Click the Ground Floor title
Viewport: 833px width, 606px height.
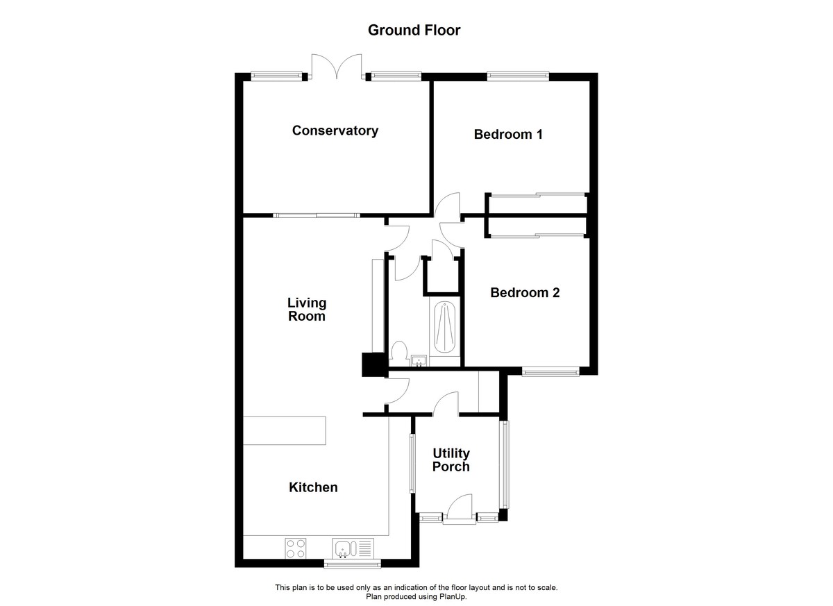(x=414, y=30)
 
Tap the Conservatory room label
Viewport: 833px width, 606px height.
(x=335, y=131)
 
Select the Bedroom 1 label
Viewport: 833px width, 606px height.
(x=507, y=134)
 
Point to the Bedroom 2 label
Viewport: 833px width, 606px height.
(x=524, y=293)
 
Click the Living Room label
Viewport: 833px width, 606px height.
(x=306, y=310)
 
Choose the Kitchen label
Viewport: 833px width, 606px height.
(x=313, y=487)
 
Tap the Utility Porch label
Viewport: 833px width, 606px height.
(x=451, y=460)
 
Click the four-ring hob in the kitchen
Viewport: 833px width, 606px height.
(x=296, y=548)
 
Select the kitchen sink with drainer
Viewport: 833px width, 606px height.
(x=353, y=548)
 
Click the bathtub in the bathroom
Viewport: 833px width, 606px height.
(x=444, y=328)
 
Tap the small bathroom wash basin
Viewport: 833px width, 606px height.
(x=419, y=361)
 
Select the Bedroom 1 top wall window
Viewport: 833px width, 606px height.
(x=518, y=76)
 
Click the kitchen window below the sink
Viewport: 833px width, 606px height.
(x=352, y=563)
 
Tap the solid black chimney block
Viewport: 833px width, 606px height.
(x=373, y=365)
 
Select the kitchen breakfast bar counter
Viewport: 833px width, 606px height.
(x=284, y=430)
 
